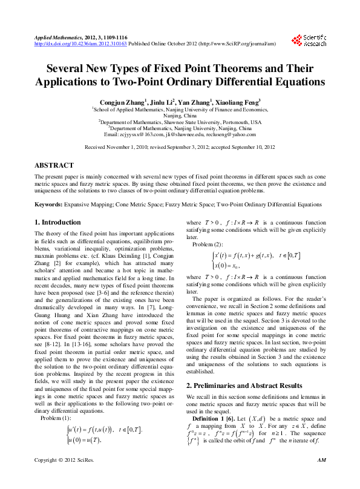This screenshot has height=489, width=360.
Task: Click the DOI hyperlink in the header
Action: pyautogui.click(x=80, y=44)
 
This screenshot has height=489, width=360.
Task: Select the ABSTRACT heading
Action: pyautogui.click(x=54, y=165)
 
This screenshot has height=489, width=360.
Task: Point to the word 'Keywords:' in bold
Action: pyautogui.click(x=49, y=205)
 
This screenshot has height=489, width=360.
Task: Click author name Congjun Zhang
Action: pyautogui.click(x=120, y=102)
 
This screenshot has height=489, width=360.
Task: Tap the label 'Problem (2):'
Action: pyautogui.click(x=208, y=244)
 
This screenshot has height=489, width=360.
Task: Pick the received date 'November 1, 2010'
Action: pyautogui.click(x=129, y=147)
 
